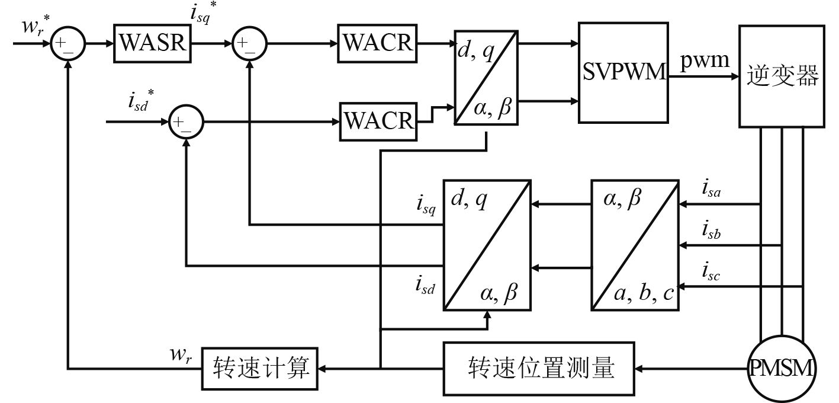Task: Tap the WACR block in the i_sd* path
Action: pos(378,121)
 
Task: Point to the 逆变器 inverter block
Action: pos(782,76)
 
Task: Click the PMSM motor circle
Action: pos(780,369)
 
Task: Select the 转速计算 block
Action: pos(261,369)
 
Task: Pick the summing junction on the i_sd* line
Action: pos(186,122)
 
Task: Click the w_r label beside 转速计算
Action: pos(181,357)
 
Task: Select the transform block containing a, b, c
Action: pos(635,245)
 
